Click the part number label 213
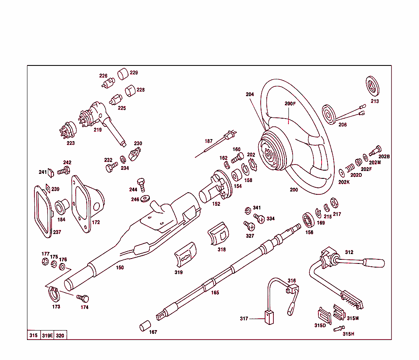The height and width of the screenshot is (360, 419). click(374, 101)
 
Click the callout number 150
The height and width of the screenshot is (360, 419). click(119, 268)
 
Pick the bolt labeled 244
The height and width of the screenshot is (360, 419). click(142, 184)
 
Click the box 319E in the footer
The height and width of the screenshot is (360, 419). click(47, 335)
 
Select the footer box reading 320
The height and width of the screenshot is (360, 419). click(60, 335)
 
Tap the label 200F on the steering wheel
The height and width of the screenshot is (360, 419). click(290, 103)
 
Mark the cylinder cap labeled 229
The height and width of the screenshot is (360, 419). click(123, 74)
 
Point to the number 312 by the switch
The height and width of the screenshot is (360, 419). click(349, 252)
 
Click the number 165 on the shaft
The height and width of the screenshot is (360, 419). click(215, 292)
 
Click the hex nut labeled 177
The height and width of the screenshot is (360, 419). click(45, 262)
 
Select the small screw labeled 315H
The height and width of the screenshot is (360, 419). click(339, 328)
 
